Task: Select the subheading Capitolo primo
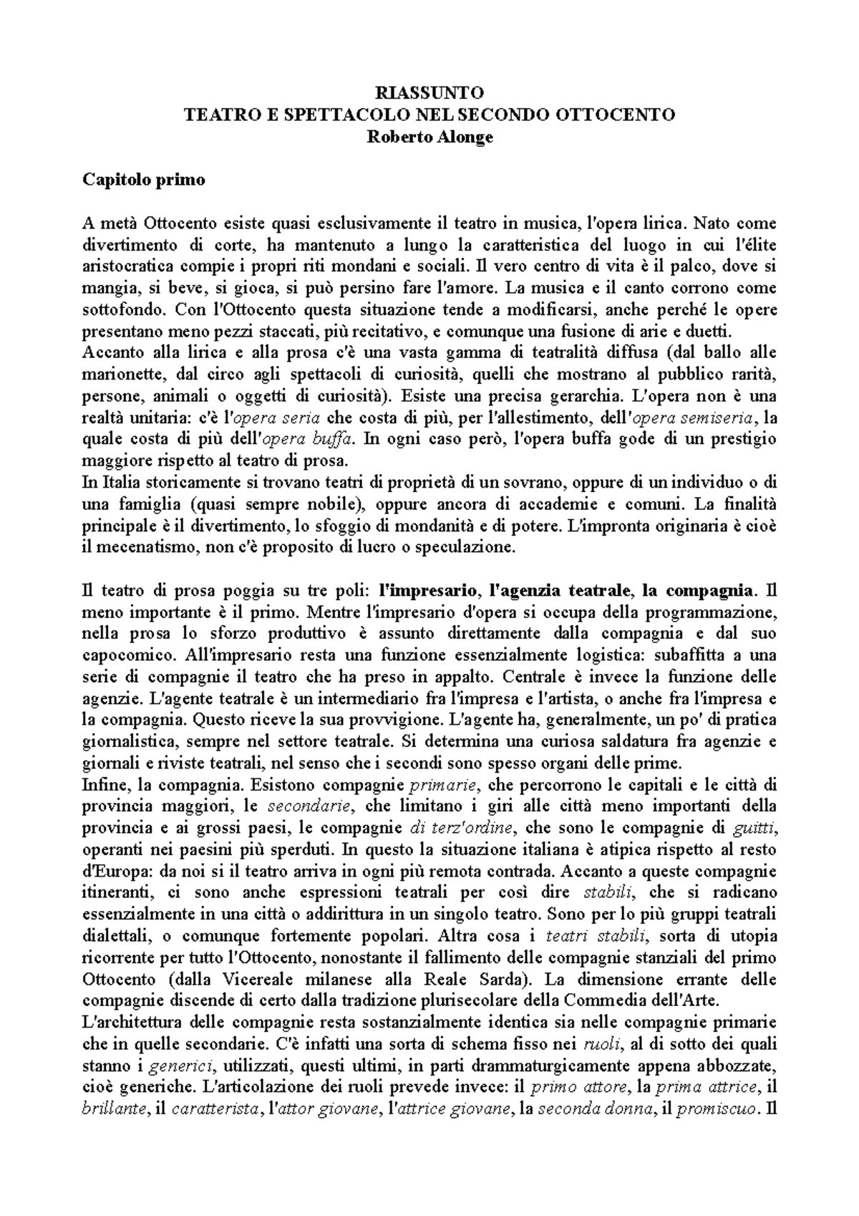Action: [144, 179]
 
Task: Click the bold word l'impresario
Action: [428, 591]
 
